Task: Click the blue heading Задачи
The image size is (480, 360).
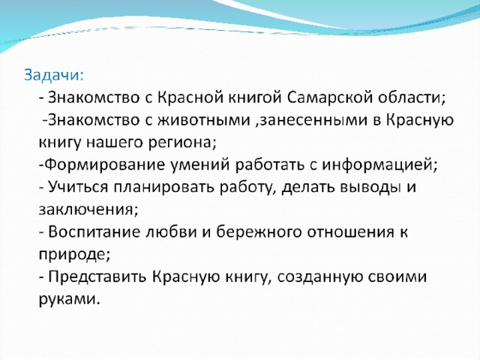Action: (x=53, y=75)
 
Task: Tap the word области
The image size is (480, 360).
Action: (x=411, y=98)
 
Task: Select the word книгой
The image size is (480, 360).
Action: (x=255, y=97)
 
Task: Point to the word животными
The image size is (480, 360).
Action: (x=204, y=120)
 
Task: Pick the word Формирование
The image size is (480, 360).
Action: (x=106, y=165)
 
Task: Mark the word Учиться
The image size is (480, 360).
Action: (x=78, y=187)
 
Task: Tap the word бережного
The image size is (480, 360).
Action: (x=259, y=232)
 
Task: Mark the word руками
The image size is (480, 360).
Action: (x=70, y=298)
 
